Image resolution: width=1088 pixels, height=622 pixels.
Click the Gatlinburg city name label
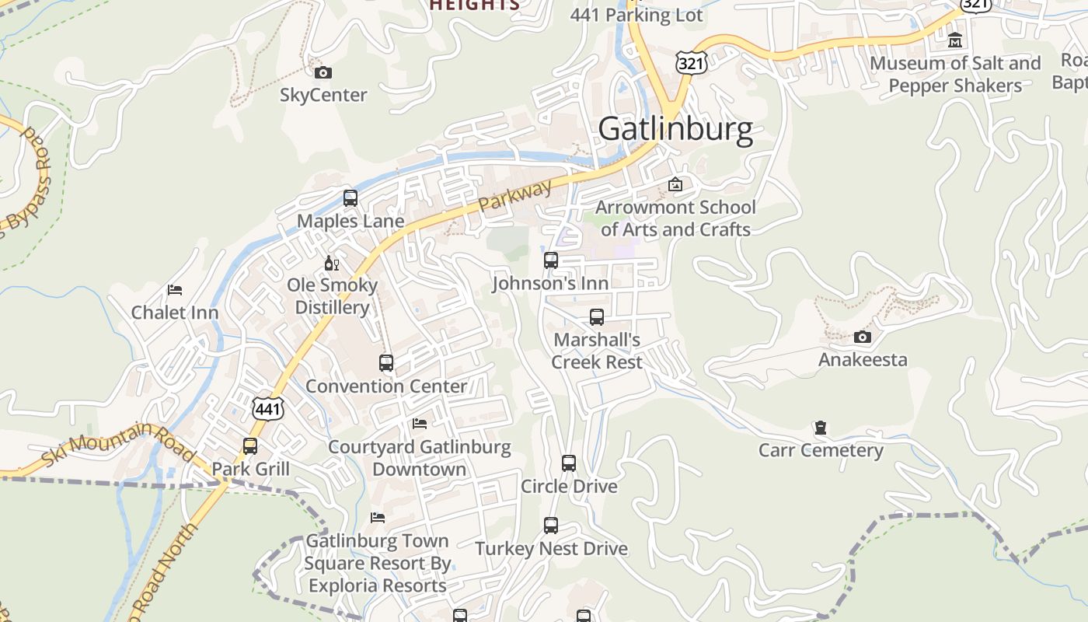click(x=675, y=129)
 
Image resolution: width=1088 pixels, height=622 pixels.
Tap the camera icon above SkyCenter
click(x=323, y=73)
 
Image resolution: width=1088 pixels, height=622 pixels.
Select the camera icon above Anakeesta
click(x=862, y=337)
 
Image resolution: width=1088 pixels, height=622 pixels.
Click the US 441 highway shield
click(x=267, y=407)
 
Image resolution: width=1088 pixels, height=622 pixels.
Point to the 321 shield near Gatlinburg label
click(x=690, y=62)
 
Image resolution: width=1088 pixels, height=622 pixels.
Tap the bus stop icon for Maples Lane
click(x=350, y=198)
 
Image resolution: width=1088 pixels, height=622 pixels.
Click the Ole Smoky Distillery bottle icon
click(x=332, y=264)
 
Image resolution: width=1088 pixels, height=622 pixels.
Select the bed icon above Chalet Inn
click(x=175, y=290)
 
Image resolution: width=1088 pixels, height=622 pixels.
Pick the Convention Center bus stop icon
click(x=386, y=363)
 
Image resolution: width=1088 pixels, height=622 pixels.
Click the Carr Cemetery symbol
click(x=820, y=428)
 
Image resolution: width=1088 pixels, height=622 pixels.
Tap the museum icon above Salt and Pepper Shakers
click(x=955, y=40)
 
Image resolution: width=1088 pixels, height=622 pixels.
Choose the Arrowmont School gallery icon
click(x=675, y=185)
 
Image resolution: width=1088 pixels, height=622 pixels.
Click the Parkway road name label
click(x=514, y=195)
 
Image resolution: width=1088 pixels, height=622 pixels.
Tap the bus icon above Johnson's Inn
click(x=551, y=260)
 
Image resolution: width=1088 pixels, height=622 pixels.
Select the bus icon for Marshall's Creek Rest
click(x=597, y=317)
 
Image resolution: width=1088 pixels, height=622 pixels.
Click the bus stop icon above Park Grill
click(x=250, y=446)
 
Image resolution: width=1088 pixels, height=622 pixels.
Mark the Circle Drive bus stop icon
click(x=569, y=463)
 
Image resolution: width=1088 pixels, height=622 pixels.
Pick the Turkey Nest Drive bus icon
click(x=551, y=526)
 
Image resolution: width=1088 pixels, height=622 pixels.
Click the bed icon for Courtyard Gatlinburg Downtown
click(x=420, y=424)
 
